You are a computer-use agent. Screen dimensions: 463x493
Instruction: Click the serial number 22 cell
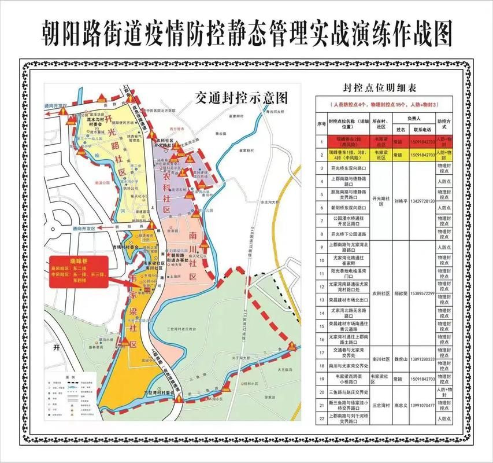click(x=321, y=418)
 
